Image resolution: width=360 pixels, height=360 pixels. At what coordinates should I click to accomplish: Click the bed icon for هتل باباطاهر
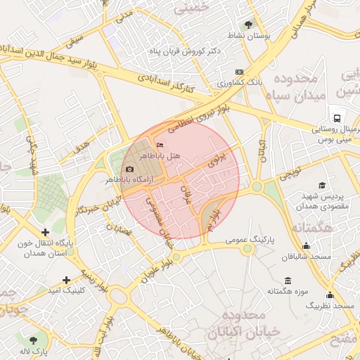pos(159,144)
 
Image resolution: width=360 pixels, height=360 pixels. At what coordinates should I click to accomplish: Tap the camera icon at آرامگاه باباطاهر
pos(129,169)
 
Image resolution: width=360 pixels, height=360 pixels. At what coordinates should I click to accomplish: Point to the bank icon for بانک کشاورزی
pos(239,72)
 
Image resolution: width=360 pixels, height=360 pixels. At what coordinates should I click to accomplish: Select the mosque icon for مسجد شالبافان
pos(306,246)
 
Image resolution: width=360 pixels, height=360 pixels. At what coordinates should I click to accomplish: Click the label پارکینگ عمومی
pos(251,240)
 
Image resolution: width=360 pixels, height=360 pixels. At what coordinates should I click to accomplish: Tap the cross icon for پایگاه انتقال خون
pos(46,232)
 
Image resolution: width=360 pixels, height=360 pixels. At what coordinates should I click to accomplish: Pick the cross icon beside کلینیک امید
pos(67,279)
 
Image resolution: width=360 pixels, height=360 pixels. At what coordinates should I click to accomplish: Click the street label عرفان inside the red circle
pos(186,194)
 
